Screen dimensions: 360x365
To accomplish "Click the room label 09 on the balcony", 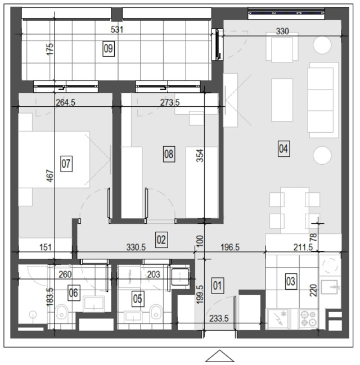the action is (109, 49).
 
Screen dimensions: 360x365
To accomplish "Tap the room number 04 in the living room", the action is (283, 148).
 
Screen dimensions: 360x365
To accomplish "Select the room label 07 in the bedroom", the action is (66, 164).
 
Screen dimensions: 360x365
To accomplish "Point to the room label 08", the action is (169, 154).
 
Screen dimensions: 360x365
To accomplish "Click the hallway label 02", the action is (161, 240).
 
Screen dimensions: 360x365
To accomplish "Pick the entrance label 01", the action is (218, 285).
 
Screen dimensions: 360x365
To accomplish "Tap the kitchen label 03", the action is (291, 281).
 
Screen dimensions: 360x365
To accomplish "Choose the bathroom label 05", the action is (138, 299).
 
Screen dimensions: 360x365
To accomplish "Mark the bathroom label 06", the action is (74, 292).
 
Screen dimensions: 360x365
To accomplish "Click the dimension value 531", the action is (117, 30).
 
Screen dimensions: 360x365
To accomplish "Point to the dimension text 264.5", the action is (65, 102).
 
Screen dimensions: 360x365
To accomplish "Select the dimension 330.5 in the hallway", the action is (136, 247).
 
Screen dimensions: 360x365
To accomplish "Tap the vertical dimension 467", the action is (50, 176).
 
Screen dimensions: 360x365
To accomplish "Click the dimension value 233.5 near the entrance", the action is (219, 318).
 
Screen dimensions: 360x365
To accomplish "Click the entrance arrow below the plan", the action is (219, 356).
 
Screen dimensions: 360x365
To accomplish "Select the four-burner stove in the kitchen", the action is (308, 319).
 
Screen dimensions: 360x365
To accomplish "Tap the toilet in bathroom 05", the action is (156, 312).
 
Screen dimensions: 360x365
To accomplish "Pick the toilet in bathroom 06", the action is (61, 312).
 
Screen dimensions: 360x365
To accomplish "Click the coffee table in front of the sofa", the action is (282, 100).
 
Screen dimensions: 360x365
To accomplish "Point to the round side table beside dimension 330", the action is (322, 45).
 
